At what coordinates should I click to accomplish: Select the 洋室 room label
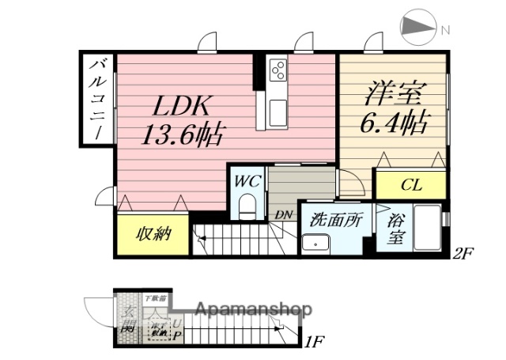(x=392, y=93)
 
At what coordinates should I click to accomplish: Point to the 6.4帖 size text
(x=395, y=122)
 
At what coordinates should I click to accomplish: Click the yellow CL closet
(x=410, y=186)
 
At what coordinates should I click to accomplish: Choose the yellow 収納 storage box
(x=153, y=233)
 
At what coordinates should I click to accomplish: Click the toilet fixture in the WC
(x=247, y=208)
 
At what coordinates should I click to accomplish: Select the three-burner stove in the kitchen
(x=278, y=70)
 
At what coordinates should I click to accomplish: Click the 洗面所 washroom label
(x=335, y=220)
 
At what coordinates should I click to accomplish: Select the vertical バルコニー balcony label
(x=97, y=99)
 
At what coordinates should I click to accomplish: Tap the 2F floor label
(x=463, y=255)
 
